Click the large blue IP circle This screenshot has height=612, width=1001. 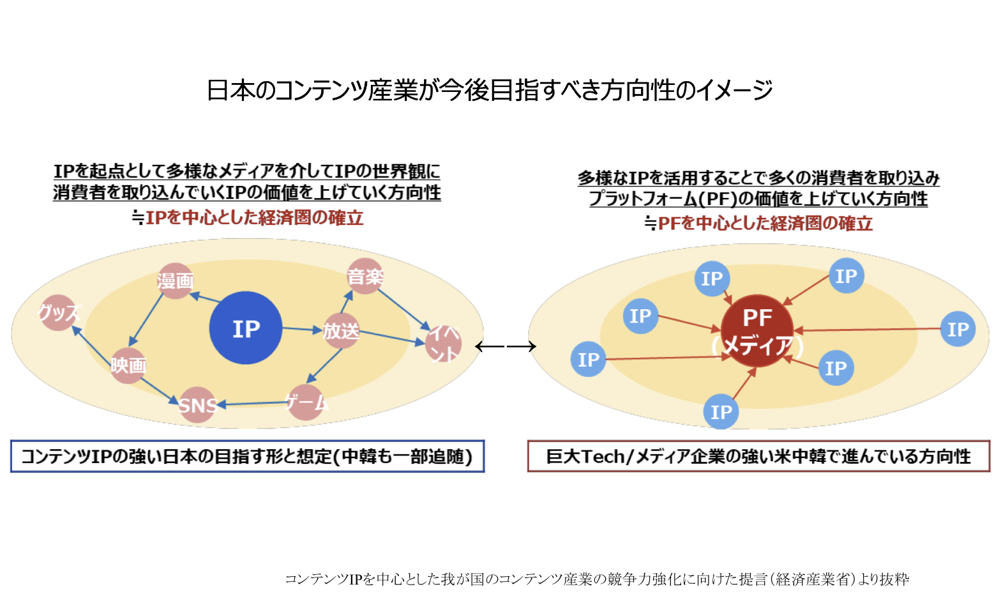(245, 328)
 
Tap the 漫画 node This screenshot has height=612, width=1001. (175, 280)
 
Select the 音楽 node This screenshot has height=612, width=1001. (365, 276)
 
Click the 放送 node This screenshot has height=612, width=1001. (341, 331)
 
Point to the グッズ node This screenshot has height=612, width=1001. (59, 312)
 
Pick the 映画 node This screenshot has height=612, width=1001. (128, 365)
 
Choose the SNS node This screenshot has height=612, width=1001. (197, 405)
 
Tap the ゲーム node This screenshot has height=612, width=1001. (306, 403)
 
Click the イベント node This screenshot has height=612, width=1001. (443, 343)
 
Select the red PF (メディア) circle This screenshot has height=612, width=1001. (757, 331)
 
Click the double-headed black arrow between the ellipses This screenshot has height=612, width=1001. (505, 346)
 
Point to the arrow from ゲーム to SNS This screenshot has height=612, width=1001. (253, 404)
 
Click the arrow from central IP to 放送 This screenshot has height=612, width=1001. (302, 330)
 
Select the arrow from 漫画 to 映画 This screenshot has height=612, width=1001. (146, 319)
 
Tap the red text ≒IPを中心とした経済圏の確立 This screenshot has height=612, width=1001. (248, 218)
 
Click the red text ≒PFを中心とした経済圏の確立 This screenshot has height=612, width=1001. (758, 223)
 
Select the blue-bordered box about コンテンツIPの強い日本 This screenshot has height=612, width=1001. (248, 456)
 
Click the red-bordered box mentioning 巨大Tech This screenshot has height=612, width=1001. (759, 456)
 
